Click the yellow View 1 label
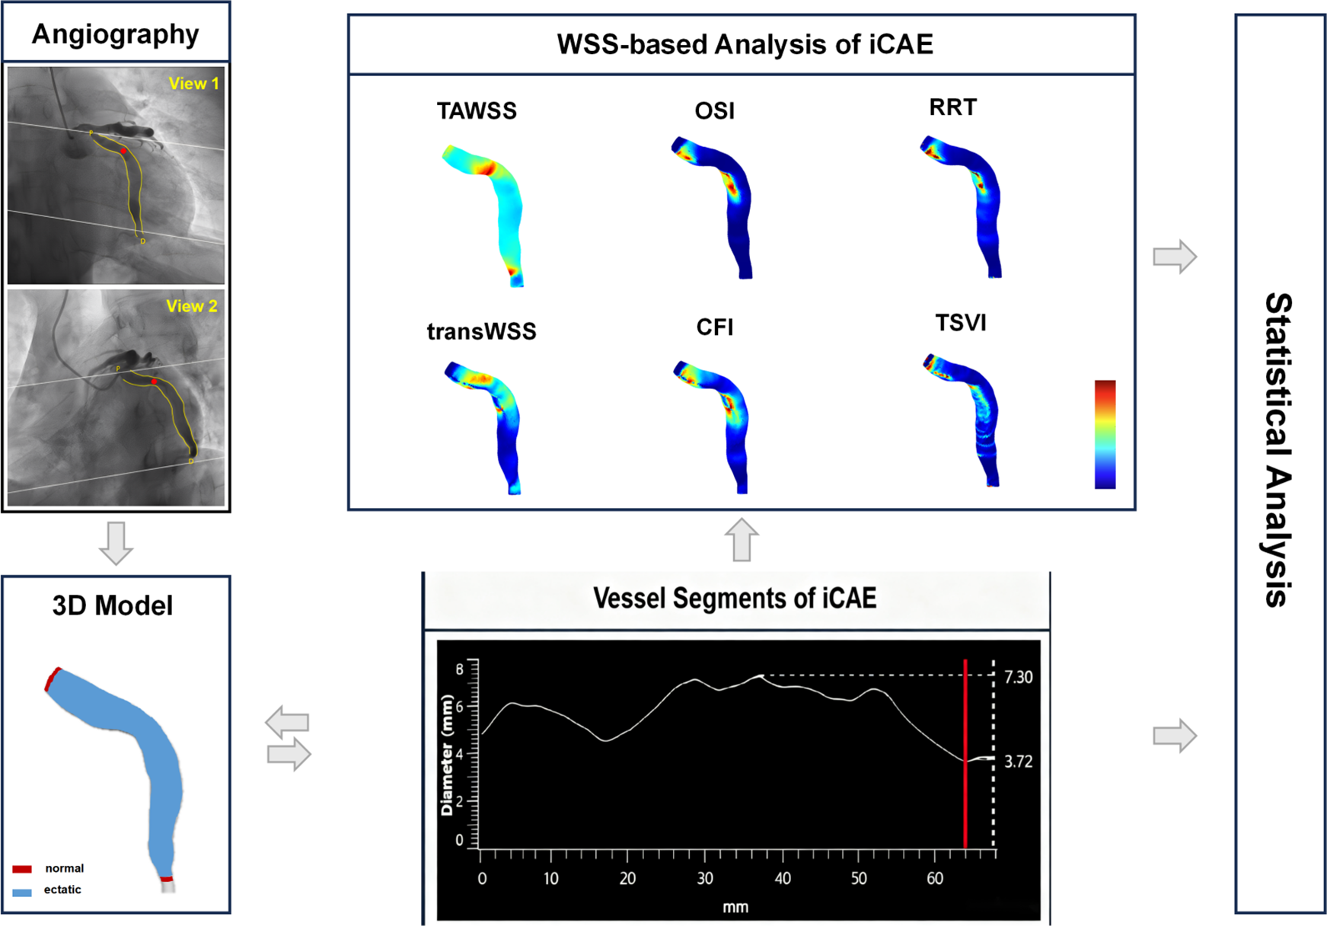click(x=193, y=84)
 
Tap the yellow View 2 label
click(x=192, y=306)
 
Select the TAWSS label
click(x=477, y=111)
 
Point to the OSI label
click(x=714, y=111)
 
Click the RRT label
click(x=952, y=107)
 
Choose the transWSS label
click(x=481, y=331)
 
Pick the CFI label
click(x=714, y=327)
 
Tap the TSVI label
click(x=961, y=323)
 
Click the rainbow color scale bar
click(x=1105, y=434)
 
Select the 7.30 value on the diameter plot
click(x=1018, y=677)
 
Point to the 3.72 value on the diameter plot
click(x=1018, y=762)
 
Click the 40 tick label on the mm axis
click(x=783, y=879)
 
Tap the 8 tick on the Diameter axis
click(x=459, y=669)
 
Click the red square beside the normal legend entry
click(x=22, y=869)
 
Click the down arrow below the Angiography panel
click(x=116, y=543)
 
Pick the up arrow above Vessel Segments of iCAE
click(x=741, y=540)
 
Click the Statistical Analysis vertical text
click(x=1278, y=449)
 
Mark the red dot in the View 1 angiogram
click(x=124, y=151)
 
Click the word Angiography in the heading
click(x=115, y=34)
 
